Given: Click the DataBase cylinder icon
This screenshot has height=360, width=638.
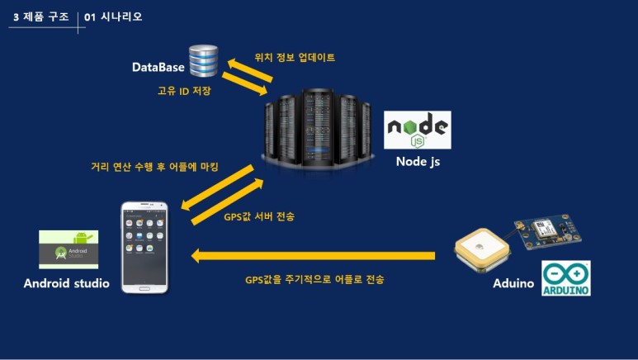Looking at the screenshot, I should (202, 61).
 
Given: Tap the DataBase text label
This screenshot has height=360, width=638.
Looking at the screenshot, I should (158, 67).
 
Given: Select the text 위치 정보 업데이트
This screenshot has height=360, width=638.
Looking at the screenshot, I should (295, 58).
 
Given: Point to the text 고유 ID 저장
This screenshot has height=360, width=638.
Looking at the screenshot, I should (184, 91).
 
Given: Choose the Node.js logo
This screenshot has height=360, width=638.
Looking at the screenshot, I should (418, 130).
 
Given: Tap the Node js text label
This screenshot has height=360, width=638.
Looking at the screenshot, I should (418, 161).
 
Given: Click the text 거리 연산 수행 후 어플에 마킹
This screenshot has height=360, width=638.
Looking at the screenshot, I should (154, 168).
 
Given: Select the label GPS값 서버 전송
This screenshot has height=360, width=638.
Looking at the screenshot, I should (259, 216).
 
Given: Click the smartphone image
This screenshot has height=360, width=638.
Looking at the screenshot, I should (144, 245).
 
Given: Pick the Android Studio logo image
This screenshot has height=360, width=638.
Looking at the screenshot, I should (69, 249).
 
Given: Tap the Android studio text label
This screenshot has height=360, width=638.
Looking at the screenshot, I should (67, 284).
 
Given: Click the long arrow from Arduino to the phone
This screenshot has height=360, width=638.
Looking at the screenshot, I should (314, 256).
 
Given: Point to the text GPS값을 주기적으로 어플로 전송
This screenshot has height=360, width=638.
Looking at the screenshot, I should (314, 280).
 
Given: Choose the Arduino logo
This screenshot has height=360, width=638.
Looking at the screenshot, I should (565, 278).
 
